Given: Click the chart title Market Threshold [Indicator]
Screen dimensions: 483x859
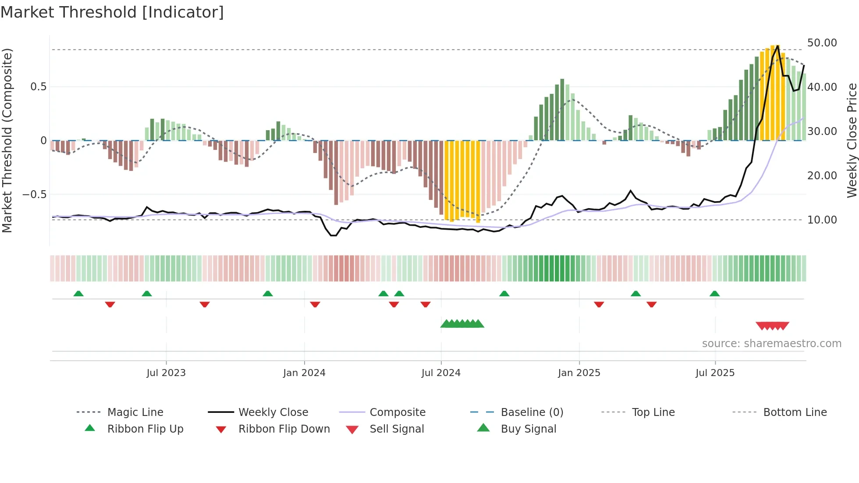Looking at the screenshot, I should tap(112, 12).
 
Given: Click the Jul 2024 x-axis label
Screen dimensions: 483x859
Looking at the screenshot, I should tap(441, 373).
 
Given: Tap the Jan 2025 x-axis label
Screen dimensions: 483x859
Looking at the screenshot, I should tap(579, 373).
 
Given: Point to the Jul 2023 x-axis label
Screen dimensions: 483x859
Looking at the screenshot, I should tap(166, 373).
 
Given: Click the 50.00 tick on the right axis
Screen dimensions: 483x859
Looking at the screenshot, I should tap(822, 43).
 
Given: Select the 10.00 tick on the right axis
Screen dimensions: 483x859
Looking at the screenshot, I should tap(822, 220).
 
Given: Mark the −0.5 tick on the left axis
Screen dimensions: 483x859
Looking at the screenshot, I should tap(35, 195).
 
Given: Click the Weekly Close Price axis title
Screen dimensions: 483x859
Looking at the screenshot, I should tap(852, 140).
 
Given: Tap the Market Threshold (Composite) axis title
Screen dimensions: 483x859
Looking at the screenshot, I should tap(7, 140).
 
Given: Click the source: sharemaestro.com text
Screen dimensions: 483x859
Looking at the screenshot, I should tap(771, 344).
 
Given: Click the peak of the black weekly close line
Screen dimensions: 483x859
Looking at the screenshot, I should tap(778, 46).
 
